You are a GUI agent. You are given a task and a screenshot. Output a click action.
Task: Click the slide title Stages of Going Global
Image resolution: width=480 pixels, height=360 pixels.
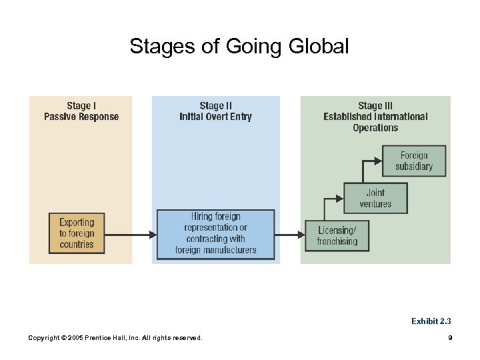[x=239, y=47]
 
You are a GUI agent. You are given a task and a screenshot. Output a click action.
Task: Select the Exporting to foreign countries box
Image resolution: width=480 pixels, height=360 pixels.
[x=77, y=233]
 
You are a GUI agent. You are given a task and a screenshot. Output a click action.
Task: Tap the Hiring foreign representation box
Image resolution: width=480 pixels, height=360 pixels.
[x=215, y=234]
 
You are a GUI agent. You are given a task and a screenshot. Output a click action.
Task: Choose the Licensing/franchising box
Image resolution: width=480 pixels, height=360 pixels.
[x=337, y=235]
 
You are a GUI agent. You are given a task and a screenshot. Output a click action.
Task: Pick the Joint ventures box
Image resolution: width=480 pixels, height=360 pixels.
[x=375, y=199]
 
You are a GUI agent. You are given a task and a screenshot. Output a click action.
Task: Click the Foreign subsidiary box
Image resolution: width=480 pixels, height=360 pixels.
[x=413, y=161]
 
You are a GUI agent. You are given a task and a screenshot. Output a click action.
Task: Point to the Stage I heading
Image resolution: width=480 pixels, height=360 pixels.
[x=81, y=105]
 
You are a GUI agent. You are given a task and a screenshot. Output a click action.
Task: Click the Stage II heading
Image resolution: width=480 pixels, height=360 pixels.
[x=215, y=105]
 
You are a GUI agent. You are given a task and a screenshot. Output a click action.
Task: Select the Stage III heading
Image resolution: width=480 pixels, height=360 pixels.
[x=375, y=105]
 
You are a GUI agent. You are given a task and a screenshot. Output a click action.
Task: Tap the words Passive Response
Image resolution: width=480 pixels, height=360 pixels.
[x=81, y=117]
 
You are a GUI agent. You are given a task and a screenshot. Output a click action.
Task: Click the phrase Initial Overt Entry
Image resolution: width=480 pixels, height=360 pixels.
[x=215, y=117]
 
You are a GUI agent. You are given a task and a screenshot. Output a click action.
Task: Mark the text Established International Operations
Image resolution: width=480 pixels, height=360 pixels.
[x=375, y=122]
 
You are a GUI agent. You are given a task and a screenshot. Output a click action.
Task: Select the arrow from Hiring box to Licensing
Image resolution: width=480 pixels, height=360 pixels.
[x=289, y=234]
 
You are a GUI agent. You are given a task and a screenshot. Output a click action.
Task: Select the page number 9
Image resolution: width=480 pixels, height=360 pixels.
[x=450, y=338]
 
